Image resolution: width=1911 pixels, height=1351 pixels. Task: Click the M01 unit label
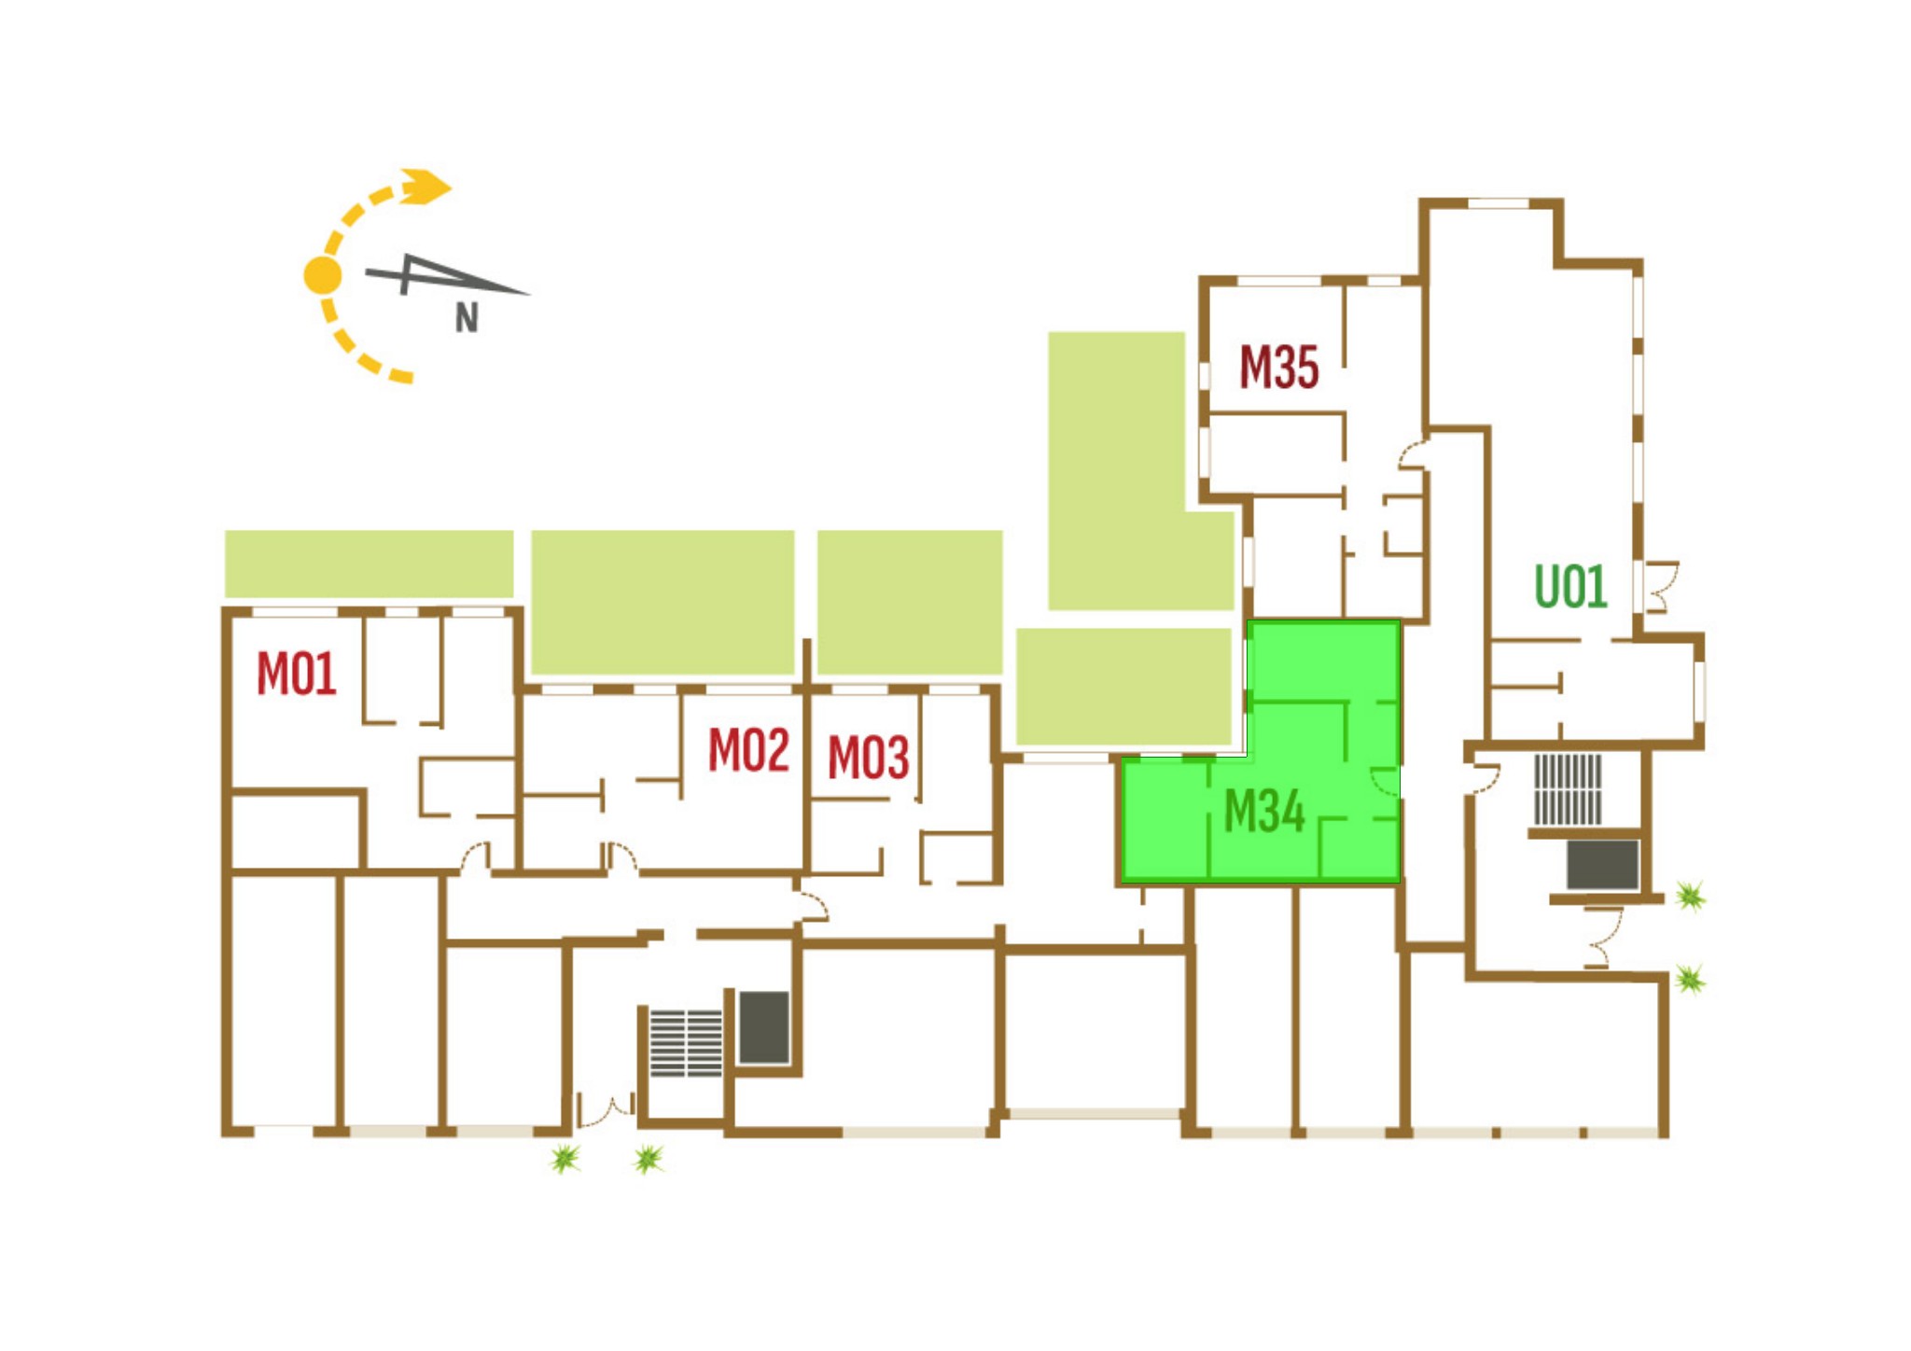296,674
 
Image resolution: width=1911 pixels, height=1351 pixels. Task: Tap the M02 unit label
748,750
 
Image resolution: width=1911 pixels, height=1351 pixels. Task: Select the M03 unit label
868,758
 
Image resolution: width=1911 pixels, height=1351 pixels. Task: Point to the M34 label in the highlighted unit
1263,811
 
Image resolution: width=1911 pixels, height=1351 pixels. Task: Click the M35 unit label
1278,368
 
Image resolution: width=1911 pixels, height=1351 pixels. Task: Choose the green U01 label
1570,587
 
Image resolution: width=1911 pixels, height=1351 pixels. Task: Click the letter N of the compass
467,319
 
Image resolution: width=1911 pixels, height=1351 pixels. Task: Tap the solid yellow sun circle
323,275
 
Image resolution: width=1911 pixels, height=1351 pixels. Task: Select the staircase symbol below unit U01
1568,789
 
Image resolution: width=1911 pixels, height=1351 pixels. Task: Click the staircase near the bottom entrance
686,1043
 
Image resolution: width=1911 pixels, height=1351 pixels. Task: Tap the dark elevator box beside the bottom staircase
764,1027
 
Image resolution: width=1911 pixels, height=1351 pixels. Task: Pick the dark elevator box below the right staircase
1602,865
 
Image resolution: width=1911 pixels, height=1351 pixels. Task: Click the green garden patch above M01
369,564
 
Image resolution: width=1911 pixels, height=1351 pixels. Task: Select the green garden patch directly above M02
663,602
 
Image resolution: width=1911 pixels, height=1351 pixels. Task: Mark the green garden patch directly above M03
910,602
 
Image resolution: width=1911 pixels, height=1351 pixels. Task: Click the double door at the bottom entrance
606,1110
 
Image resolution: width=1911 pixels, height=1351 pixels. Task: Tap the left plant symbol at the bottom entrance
565,1159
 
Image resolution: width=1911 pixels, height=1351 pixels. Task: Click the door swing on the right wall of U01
1661,586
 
